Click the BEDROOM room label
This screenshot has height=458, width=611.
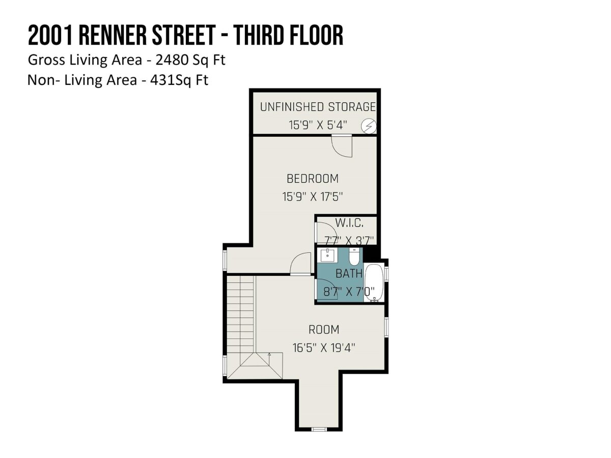pyautogui.click(x=312, y=179)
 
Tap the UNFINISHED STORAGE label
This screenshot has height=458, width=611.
pyautogui.click(x=318, y=107)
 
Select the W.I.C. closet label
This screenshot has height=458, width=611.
pyautogui.click(x=349, y=223)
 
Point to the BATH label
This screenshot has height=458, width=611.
pyautogui.click(x=349, y=274)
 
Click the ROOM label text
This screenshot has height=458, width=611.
pyautogui.click(x=324, y=330)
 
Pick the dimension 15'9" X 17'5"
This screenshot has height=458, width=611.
pyautogui.click(x=312, y=196)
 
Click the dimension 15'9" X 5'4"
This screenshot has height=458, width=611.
pyautogui.click(x=318, y=125)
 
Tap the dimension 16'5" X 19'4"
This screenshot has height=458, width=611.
pyautogui.click(x=324, y=348)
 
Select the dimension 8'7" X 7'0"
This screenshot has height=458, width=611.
pyautogui.click(x=349, y=292)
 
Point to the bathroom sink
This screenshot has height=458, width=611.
pyautogui.click(x=327, y=255)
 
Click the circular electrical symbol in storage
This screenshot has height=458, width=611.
pyautogui.click(x=369, y=126)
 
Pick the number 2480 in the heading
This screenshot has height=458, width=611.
pyautogui.click(x=172, y=60)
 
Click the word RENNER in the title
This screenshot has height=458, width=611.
pyautogui.click(x=113, y=35)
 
